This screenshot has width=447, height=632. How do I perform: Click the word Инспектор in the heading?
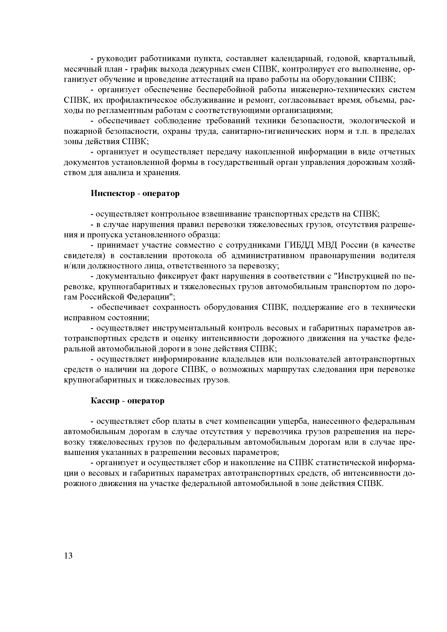[112, 194]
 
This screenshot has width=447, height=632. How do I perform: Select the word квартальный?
[389, 59]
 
